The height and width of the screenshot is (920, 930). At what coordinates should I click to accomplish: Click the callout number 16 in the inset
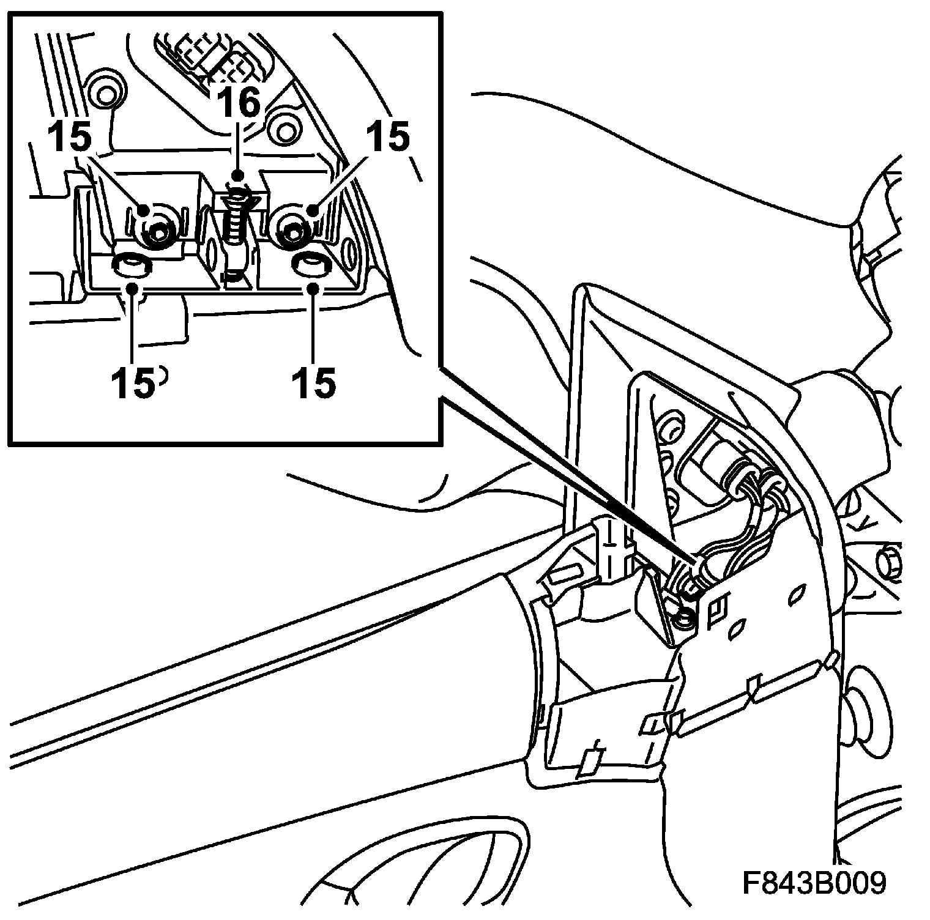(239, 102)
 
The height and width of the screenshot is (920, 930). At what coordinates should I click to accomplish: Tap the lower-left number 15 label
(133, 382)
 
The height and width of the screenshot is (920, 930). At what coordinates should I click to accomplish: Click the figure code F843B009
(814, 882)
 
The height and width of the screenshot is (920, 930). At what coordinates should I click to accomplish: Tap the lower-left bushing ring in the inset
(130, 265)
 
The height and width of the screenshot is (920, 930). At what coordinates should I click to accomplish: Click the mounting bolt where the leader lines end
(683, 621)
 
